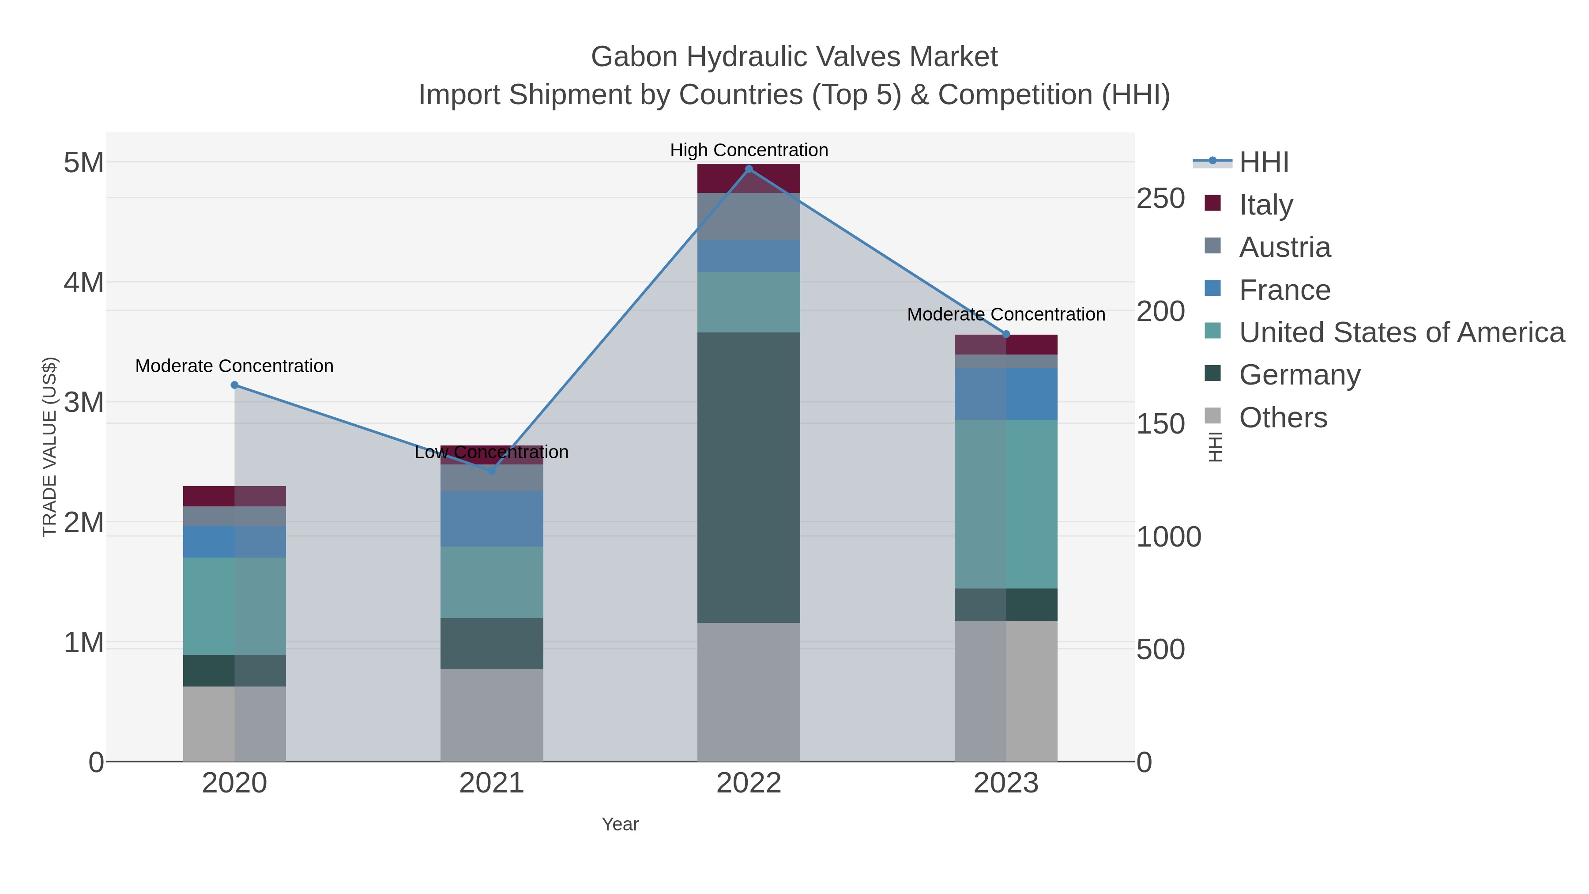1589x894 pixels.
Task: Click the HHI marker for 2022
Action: (749, 169)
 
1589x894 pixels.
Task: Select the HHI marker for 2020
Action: (234, 385)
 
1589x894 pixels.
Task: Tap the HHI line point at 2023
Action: (1006, 334)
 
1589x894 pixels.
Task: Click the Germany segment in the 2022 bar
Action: (749, 478)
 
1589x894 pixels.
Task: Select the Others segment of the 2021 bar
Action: (492, 715)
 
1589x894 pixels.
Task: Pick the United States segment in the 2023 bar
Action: (1006, 504)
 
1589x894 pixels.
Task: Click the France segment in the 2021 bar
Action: (492, 519)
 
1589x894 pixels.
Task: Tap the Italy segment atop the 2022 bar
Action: (749, 178)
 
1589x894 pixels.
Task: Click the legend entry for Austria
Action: (1284, 247)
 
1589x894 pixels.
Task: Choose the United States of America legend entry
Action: (1401, 332)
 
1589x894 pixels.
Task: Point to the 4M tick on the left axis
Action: (84, 283)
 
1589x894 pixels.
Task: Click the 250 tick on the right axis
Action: (1160, 199)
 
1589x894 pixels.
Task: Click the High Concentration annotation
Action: (749, 150)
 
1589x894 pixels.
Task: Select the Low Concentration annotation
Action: (492, 452)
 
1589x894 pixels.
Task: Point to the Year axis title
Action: (620, 824)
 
